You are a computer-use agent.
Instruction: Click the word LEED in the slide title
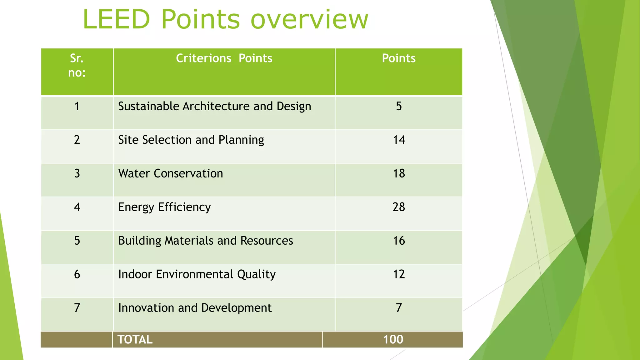pos(117,19)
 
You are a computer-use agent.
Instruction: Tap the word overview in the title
pos(309,19)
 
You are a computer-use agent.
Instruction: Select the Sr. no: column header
pos(77,65)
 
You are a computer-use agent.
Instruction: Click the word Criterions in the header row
pos(203,58)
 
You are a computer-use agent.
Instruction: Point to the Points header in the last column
pos(399,58)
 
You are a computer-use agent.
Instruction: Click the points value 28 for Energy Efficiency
pos(399,207)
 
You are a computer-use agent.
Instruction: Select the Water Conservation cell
pos(171,173)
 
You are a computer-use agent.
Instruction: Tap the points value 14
pos(399,140)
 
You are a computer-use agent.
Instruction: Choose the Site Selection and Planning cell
pos(191,140)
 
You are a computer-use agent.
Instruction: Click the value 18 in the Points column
pos(399,173)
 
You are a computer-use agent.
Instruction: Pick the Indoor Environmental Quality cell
pos(197,274)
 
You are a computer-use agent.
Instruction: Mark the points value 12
pos(399,274)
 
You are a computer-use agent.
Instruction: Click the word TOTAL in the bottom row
pos(135,339)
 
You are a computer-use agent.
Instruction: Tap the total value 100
pos(393,339)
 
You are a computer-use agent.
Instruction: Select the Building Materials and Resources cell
pos(205,241)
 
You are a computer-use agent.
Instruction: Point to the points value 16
pos(399,241)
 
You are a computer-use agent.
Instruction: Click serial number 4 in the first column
pos(77,207)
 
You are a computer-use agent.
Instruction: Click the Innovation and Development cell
pos(195,308)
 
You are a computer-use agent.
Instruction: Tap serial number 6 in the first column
pos(77,274)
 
